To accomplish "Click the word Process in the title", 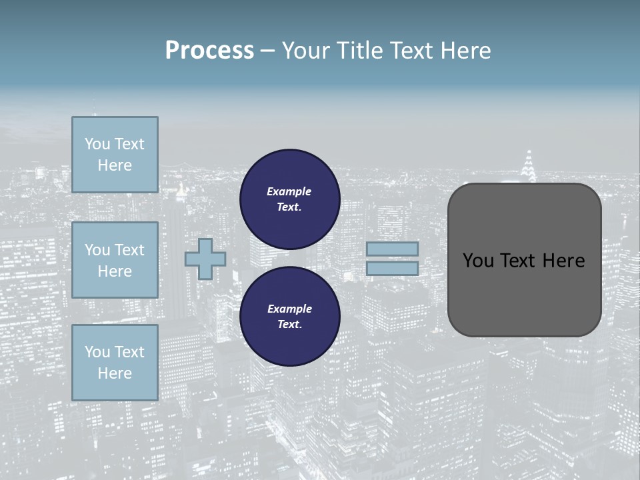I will (209, 51).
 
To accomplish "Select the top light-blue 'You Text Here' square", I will (115, 155).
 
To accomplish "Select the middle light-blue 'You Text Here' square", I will (115, 260).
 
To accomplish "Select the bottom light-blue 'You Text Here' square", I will (115, 362).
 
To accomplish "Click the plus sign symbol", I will (205, 259).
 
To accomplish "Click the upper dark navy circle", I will (290, 199).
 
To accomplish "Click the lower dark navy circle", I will (290, 317).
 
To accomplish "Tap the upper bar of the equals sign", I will (393, 249).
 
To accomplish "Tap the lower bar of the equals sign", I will (393, 268).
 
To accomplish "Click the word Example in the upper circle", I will (289, 191).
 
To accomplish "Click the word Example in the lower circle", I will (289, 309).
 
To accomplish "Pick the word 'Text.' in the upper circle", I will (289, 207).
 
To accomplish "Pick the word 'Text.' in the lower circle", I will (289, 324).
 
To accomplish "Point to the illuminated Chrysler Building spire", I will (529, 167).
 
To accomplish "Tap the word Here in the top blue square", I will (115, 165).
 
